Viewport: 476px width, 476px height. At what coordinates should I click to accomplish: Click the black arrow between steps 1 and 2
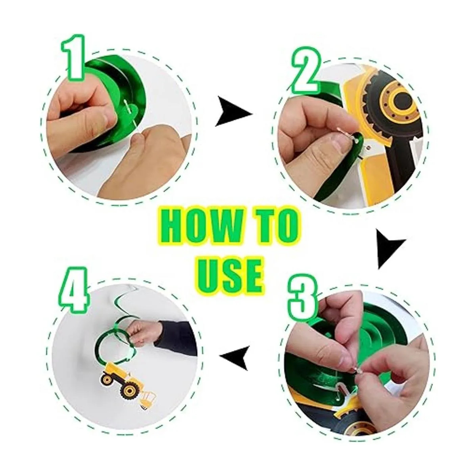coord(233,112)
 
